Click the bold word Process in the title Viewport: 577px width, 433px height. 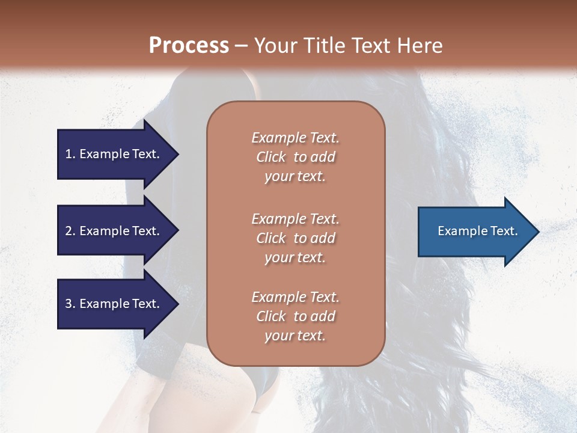tap(189, 46)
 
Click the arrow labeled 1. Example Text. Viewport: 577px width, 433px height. tap(114, 154)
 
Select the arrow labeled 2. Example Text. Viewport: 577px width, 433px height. tap(114, 231)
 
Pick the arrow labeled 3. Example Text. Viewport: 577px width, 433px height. tap(114, 304)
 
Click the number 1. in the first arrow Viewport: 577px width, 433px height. tap(70, 154)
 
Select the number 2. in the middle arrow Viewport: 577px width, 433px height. tap(70, 231)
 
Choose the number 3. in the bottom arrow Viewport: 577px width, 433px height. tap(70, 304)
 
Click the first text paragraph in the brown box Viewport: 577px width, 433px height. tap(295, 157)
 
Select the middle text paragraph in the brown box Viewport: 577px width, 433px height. tap(295, 238)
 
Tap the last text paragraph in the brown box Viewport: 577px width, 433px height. tap(295, 316)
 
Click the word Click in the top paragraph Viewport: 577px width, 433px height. tap(270, 157)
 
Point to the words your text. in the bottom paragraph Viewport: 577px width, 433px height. tap(295, 336)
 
